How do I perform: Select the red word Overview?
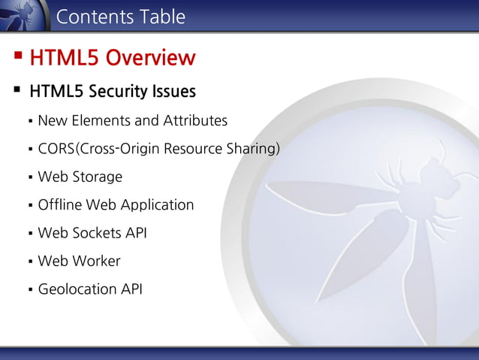pos(150,57)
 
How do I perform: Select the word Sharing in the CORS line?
pos(254,149)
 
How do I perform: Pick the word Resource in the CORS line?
pos(193,149)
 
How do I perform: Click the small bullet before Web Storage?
pos(29,177)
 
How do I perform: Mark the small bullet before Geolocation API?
pos(29,289)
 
